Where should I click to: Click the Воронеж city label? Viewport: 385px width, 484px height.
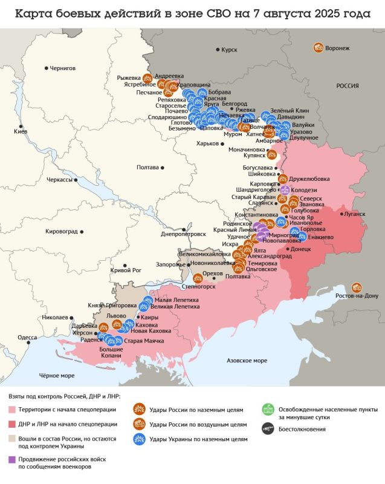point(337,48)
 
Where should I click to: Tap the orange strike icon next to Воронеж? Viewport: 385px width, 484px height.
point(318,47)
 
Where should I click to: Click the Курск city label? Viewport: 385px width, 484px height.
point(230,50)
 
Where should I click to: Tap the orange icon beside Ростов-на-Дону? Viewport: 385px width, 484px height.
point(357,287)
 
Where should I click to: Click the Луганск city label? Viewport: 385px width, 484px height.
point(354,214)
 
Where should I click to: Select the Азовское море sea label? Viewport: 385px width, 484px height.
point(246,361)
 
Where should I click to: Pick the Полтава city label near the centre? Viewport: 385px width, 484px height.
point(149,167)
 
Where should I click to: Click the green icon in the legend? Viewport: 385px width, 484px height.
point(267,408)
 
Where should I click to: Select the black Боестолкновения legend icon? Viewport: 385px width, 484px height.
point(267,429)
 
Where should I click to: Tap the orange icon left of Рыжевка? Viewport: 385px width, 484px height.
point(147,77)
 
